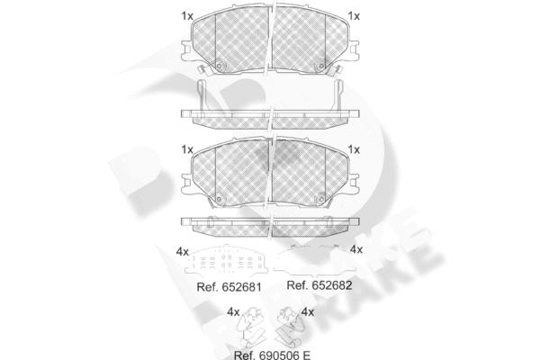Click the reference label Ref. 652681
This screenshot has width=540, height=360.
click(229, 287)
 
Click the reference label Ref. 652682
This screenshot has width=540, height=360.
click(319, 285)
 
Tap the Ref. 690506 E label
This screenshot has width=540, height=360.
click(272, 355)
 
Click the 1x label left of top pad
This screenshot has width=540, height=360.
click(187, 16)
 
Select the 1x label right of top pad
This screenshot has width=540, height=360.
click(354, 16)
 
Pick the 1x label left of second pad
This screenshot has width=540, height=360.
click(187, 149)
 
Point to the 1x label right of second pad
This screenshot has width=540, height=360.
click(354, 149)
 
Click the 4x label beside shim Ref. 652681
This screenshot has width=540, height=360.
click(183, 252)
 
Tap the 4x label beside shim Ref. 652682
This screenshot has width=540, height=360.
click(356, 249)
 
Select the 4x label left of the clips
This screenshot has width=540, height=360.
click(233, 312)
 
